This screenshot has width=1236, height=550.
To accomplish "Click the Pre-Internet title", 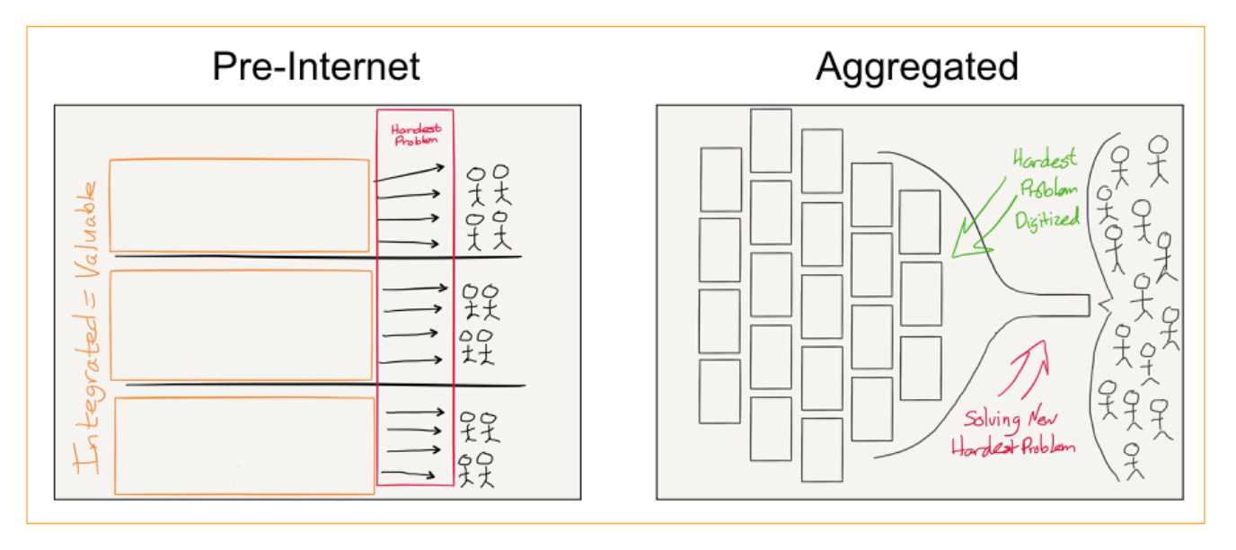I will [315, 67].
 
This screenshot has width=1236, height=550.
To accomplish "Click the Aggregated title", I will [916, 67].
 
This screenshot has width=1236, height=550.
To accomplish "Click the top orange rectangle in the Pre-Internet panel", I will [239, 205].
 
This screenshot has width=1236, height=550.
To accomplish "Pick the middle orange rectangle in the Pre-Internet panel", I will [241, 324].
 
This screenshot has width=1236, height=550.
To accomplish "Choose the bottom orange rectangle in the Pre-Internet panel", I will [244, 446].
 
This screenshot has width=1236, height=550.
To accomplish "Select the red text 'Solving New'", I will [1011, 420].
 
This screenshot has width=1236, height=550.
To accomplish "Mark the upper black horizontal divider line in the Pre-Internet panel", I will [319, 257].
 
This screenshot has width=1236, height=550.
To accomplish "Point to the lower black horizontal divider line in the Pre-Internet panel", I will [323, 385].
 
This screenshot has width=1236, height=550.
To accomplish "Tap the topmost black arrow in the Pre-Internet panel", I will [409, 173].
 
